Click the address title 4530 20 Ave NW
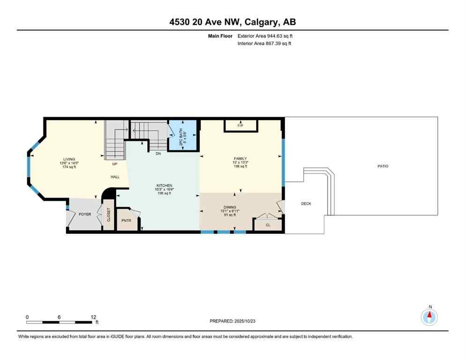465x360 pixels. [232, 22]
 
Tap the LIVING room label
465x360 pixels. [69, 159]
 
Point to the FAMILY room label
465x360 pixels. [240, 158]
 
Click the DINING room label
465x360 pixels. [229, 207]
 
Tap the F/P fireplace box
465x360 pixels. [240, 125]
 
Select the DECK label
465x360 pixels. [306, 203]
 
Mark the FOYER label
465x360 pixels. [85, 214]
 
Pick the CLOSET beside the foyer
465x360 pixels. [108, 215]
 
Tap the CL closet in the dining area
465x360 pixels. [268, 225]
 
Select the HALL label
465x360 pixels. [115, 177]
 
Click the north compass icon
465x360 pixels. [429, 317]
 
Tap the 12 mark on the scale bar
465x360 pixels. [93, 316]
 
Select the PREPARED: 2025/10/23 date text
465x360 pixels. [232, 321]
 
